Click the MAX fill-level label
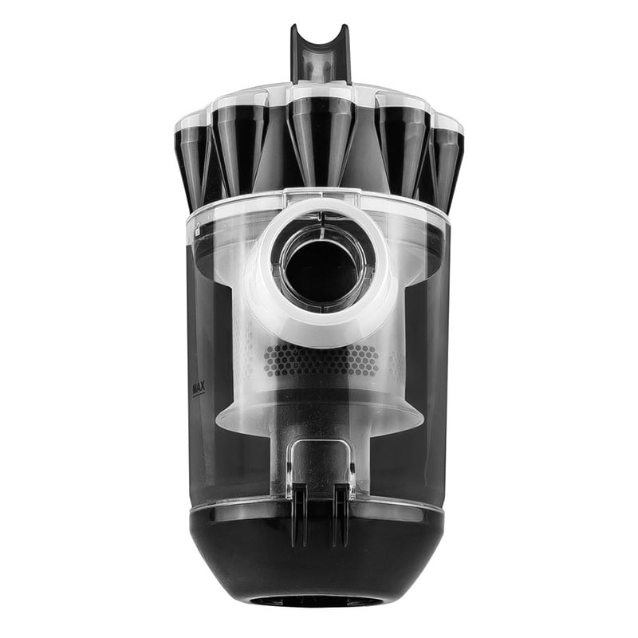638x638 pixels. tap(199, 387)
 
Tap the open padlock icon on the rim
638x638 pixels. tap(197, 230)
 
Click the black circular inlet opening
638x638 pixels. tap(321, 272)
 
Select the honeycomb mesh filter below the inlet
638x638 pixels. tap(321, 360)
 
